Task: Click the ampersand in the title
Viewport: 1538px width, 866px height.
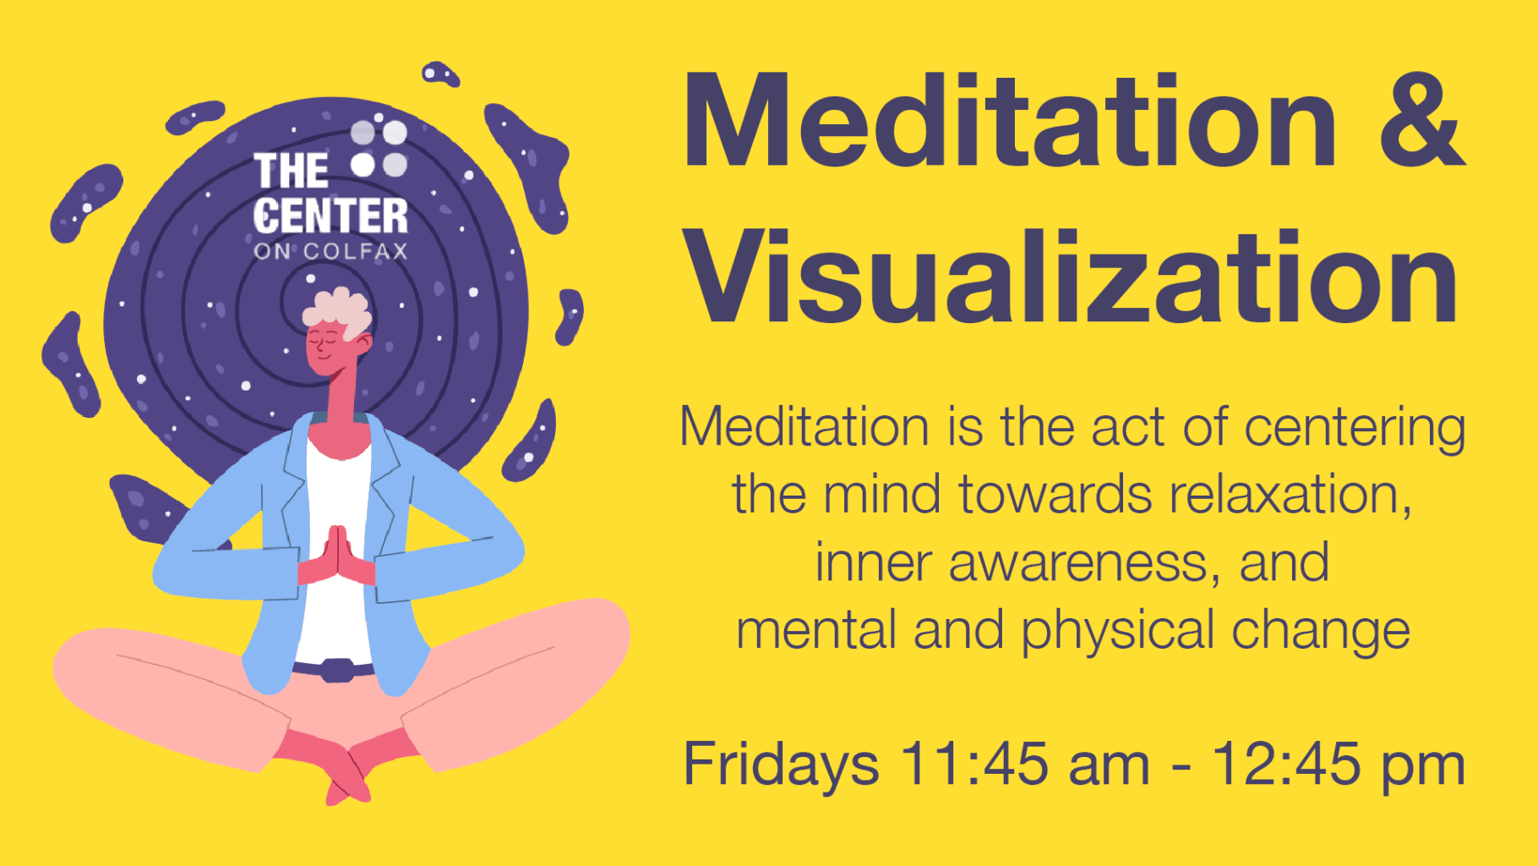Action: point(1422,120)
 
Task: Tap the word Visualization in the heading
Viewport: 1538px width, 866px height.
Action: point(1072,277)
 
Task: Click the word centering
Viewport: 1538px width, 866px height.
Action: point(1355,428)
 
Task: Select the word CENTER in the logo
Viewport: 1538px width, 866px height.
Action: point(330,216)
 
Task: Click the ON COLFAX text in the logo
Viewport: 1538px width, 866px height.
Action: point(330,251)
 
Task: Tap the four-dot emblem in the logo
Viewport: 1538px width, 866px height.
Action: point(379,149)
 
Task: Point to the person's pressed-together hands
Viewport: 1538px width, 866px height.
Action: point(336,556)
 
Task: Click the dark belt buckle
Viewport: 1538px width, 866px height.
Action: point(338,670)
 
